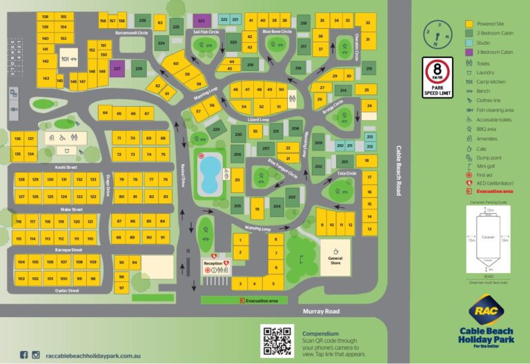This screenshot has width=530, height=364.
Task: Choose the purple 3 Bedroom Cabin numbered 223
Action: tap(201, 21)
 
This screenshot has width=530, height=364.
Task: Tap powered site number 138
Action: tap(45, 17)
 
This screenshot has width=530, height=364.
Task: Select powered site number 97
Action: tap(121, 287)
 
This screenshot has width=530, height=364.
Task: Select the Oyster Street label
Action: tap(66, 291)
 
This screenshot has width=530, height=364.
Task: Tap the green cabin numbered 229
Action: tap(216, 128)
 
